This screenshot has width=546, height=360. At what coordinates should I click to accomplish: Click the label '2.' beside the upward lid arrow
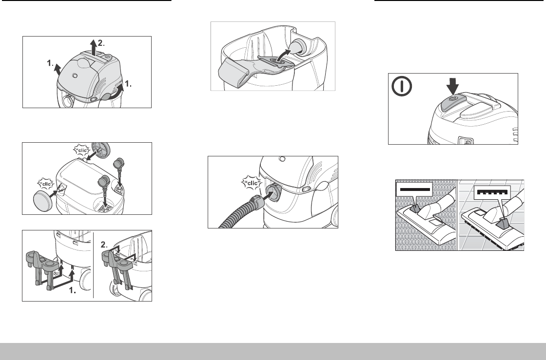[x=101, y=43]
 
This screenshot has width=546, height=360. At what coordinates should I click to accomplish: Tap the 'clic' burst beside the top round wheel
[x=82, y=150]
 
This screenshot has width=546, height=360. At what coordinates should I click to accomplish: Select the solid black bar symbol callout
[x=414, y=189]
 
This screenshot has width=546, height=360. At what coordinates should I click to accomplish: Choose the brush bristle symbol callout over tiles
[x=492, y=192]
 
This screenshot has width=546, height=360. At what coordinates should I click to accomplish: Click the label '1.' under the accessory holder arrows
[x=73, y=291]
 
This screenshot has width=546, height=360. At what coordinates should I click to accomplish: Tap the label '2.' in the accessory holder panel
[x=104, y=245]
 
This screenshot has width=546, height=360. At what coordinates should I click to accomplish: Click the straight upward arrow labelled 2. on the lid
[x=93, y=47]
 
